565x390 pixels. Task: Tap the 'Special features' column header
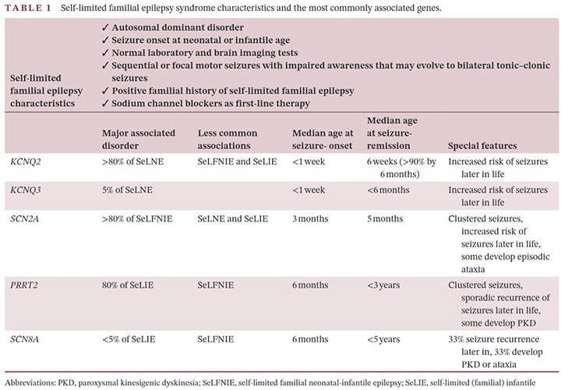coord(482,146)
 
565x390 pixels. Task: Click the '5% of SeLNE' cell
coord(127,190)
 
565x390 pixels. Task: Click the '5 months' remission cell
coord(386,219)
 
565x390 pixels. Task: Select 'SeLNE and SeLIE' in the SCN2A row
coord(233,219)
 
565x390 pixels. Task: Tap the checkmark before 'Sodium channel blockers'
coord(105,104)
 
